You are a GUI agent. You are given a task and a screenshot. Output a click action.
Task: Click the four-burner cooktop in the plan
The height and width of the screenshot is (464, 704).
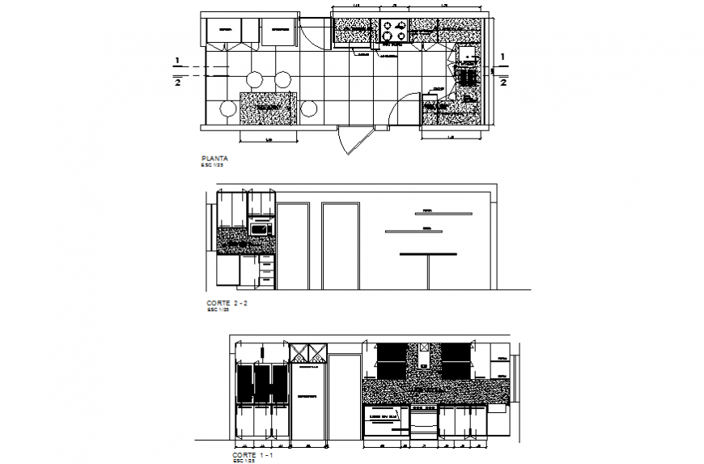pos(393,32)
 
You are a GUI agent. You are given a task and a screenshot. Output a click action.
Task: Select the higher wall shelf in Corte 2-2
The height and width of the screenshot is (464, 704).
pos(436,213)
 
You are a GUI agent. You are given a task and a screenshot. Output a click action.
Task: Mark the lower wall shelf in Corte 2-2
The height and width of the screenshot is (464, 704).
pos(413,232)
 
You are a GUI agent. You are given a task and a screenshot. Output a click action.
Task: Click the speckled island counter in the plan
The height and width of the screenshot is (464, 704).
pos(269,108)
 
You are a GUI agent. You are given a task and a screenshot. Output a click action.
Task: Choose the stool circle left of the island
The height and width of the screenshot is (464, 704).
pos(227,109)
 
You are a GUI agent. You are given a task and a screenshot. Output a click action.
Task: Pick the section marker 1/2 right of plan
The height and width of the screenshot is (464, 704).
pos(503,70)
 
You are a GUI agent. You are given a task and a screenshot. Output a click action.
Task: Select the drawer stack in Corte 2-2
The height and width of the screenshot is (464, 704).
pos(266,270)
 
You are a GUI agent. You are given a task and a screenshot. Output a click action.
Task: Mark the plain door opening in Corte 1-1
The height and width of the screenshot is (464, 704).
pos(344,398)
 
